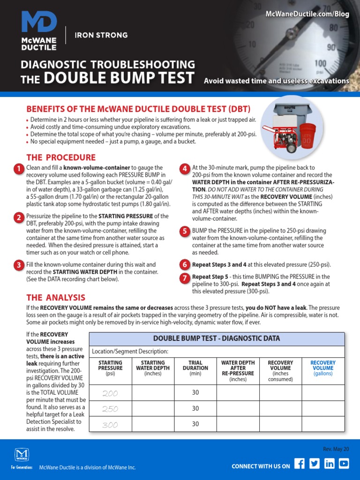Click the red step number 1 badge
pyautogui.click(x=18, y=169)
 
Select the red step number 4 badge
pyautogui.click(x=185, y=169)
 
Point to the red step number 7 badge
pyautogui.click(x=185, y=278)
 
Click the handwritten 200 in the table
pyautogui.click(x=110, y=393)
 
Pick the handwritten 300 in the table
pyautogui.click(x=110, y=425)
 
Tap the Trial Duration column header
pyautogui.click(x=195, y=368)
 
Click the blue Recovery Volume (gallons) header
pyautogui.click(x=323, y=368)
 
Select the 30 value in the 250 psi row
pyautogui.click(x=195, y=409)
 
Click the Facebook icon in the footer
pyautogui.click(x=300, y=464)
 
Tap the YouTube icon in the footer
pyautogui.click(x=344, y=464)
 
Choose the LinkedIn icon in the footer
pyautogui.click(x=330, y=464)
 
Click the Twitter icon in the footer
pyautogui.click(x=315, y=464)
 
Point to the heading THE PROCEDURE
pyautogui.click(x=61, y=157)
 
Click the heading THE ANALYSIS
pyautogui.click(x=56, y=298)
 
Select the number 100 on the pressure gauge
pyautogui.click(x=321, y=63)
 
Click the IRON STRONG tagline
pyautogui.click(x=101, y=35)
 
